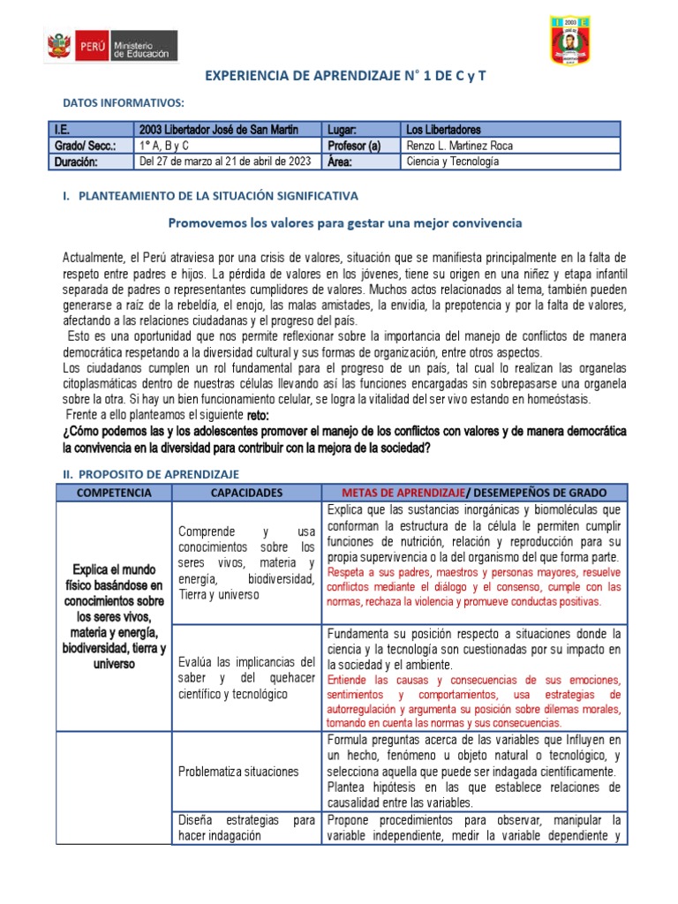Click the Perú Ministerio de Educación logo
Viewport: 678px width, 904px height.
click(x=111, y=45)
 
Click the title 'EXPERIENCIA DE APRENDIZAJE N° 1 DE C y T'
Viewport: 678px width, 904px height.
click(x=345, y=78)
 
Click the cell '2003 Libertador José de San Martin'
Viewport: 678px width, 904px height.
click(x=218, y=130)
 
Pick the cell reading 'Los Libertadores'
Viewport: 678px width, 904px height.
click(x=443, y=130)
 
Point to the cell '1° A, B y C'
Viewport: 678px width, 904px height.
click(x=163, y=146)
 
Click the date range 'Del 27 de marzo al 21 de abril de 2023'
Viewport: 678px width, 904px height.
click(x=224, y=162)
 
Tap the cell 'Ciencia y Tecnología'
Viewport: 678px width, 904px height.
click(x=452, y=162)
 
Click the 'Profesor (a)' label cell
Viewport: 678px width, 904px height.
click(x=354, y=146)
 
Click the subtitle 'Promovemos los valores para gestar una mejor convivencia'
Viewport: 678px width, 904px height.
click(x=344, y=223)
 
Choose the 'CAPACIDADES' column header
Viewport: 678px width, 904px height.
click(x=247, y=493)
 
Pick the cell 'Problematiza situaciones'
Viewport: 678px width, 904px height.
click(x=238, y=772)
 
